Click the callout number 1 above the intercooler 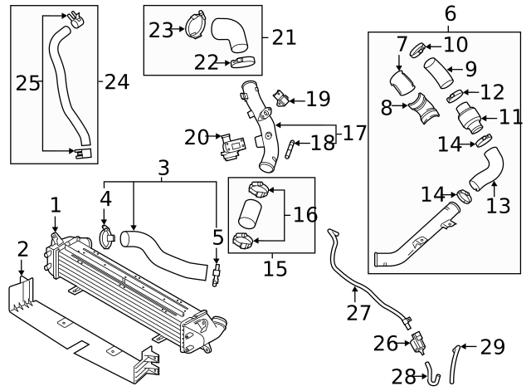click(x=55, y=204)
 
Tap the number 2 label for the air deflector click(x=22, y=248)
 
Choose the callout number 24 click(x=117, y=81)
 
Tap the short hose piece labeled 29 click(x=454, y=363)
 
